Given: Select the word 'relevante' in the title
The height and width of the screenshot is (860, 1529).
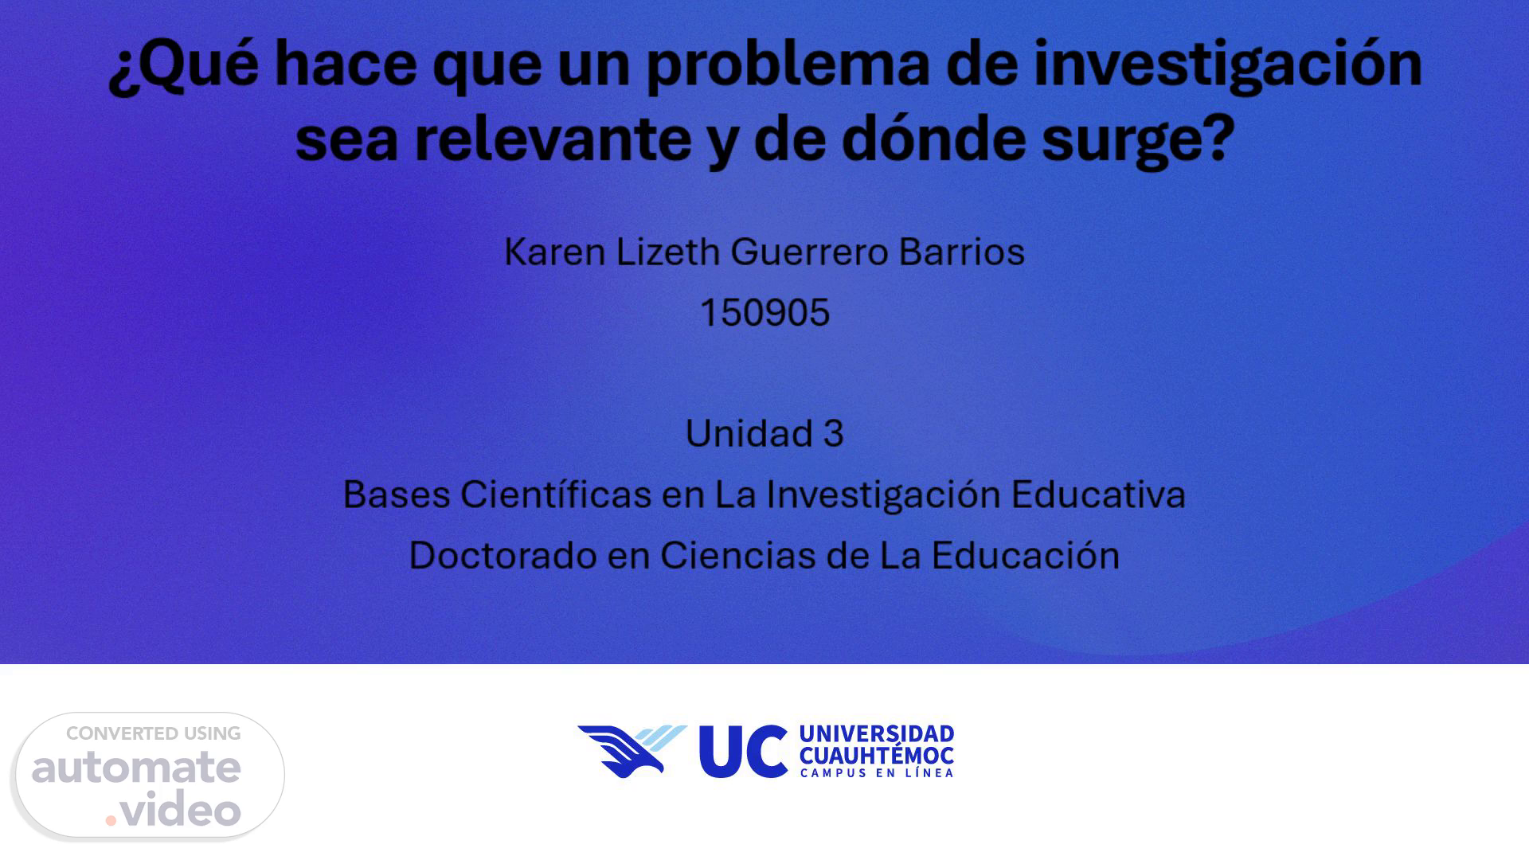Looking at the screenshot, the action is tap(553, 138).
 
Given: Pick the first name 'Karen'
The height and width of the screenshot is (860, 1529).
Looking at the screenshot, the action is tap(555, 252).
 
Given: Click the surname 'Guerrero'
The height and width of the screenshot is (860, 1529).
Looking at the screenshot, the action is tap(809, 252).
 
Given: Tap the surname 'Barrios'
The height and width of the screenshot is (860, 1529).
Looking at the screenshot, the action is tap(962, 252).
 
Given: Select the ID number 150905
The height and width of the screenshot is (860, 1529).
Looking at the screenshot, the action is tap(764, 313).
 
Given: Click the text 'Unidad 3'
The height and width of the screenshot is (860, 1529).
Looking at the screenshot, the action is tap(764, 434).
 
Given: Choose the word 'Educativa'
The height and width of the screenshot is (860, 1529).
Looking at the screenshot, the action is tap(1098, 494).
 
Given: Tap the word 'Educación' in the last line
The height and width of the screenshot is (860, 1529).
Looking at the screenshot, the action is tap(1026, 556).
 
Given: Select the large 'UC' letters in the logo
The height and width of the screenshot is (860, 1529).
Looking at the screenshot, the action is tap(743, 751).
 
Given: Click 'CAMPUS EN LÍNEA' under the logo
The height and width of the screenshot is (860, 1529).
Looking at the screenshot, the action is tap(876, 772).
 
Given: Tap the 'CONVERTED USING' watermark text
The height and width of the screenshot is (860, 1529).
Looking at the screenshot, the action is tap(154, 733).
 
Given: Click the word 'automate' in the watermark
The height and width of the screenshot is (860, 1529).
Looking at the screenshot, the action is tap(136, 768).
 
